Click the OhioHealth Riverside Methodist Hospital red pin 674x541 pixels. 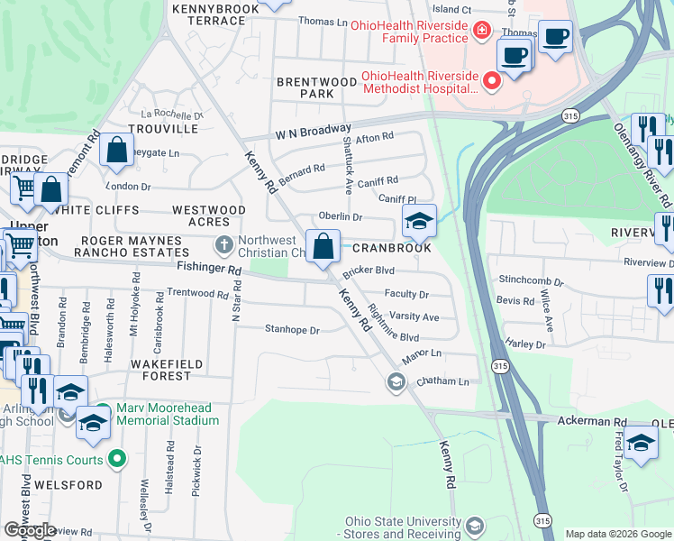point(492,82)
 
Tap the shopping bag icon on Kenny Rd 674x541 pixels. point(323,245)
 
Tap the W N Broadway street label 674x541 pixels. point(313,131)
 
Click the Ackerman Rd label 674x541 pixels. point(591,421)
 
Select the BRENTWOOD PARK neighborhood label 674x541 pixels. point(316,87)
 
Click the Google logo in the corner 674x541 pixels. point(31,530)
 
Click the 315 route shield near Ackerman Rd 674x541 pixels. point(498,365)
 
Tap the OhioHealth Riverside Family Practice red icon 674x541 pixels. point(482,32)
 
